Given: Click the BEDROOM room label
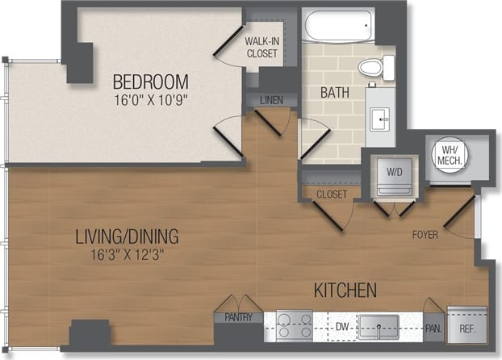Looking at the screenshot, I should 150,82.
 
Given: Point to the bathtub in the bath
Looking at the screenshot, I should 338,27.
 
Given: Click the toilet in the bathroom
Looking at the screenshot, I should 376,67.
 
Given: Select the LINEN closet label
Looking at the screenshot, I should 271,101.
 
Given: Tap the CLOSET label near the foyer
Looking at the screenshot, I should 332,195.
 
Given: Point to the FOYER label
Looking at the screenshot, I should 425,235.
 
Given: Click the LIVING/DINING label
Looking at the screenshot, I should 127,237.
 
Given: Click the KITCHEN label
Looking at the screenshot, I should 345,289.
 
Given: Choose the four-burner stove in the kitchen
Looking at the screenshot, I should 294,325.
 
